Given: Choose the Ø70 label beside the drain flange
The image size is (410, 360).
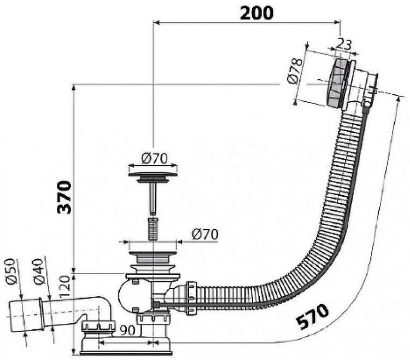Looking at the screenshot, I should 205,234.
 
